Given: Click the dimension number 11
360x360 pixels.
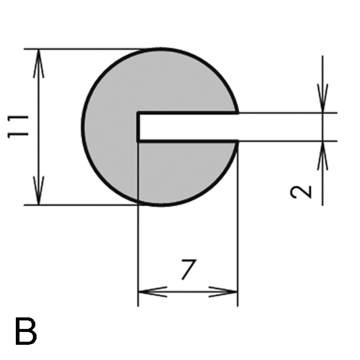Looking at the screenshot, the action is [x=18, y=127].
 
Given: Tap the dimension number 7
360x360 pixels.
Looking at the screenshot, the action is [x=189, y=269].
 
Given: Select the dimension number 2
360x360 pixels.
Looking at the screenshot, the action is [x=301, y=192].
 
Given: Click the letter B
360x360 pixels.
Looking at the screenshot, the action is [x=26, y=331].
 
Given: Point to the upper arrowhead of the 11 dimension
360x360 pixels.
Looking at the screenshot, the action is [x=39, y=63].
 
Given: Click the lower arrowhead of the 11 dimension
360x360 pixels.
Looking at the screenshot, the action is [x=39, y=191].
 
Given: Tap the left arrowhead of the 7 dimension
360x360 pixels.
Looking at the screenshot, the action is [x=153, y=292].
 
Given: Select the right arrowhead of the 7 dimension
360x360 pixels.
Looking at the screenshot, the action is [x=223, y=292].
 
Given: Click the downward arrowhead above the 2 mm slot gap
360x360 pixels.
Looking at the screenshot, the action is [x=323, y=98].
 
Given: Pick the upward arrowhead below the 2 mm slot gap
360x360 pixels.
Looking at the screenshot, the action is [x=323, y=156].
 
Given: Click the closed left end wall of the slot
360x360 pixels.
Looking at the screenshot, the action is [x=138, y=127].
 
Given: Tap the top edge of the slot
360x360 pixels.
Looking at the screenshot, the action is [x=188, y=113].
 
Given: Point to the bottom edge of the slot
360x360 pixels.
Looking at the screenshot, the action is [x=188, y=141].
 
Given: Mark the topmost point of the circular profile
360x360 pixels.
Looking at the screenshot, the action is [x=161, y=49].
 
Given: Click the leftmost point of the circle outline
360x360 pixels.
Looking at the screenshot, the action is [x=83, y=127].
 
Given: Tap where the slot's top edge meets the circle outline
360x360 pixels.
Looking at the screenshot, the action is [x=238, y=113].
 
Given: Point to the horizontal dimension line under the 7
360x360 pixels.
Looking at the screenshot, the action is [x=188, y=292].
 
